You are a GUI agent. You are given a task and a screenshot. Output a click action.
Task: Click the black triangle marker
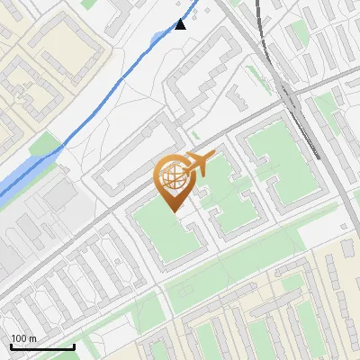(180, 24)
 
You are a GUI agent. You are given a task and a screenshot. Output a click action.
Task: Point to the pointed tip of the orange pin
(174, 211)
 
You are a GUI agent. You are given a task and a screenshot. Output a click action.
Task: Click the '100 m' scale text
(24, 338)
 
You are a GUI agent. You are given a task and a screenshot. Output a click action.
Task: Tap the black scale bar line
(42, 346)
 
